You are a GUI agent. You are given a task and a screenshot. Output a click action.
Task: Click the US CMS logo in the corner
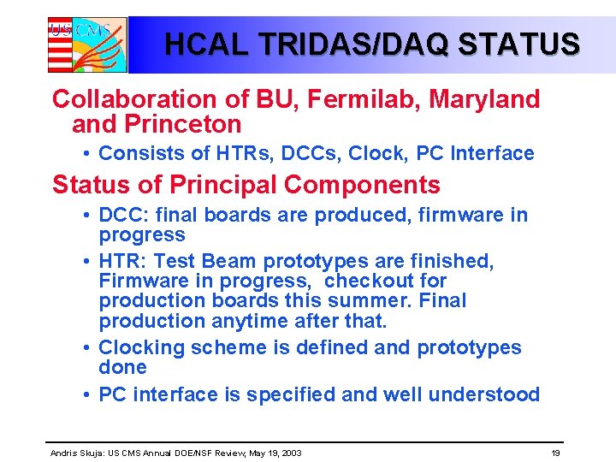pos(86,44)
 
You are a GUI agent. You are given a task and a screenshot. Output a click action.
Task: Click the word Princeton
pos(183,125)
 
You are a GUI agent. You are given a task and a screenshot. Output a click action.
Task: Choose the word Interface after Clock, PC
pos(495,154)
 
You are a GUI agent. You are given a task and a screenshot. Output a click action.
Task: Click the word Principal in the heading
pos(216,185)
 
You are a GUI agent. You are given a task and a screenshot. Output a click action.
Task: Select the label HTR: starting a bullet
pos(124,261)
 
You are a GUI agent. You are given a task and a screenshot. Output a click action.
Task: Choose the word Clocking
pos(142,347)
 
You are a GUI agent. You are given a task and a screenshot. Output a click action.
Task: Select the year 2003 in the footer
pos(291,452)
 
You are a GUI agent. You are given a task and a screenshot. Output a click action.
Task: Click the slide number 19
pos(555,452)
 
